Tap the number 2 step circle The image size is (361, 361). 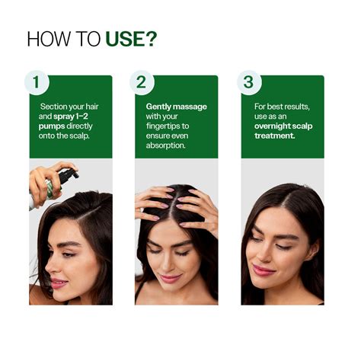click(x=141, y=83)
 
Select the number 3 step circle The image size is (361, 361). click(x=247, y=83)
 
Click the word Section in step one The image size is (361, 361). click(x=50, y=107)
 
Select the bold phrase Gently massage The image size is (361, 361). click(x=176, y=107)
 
